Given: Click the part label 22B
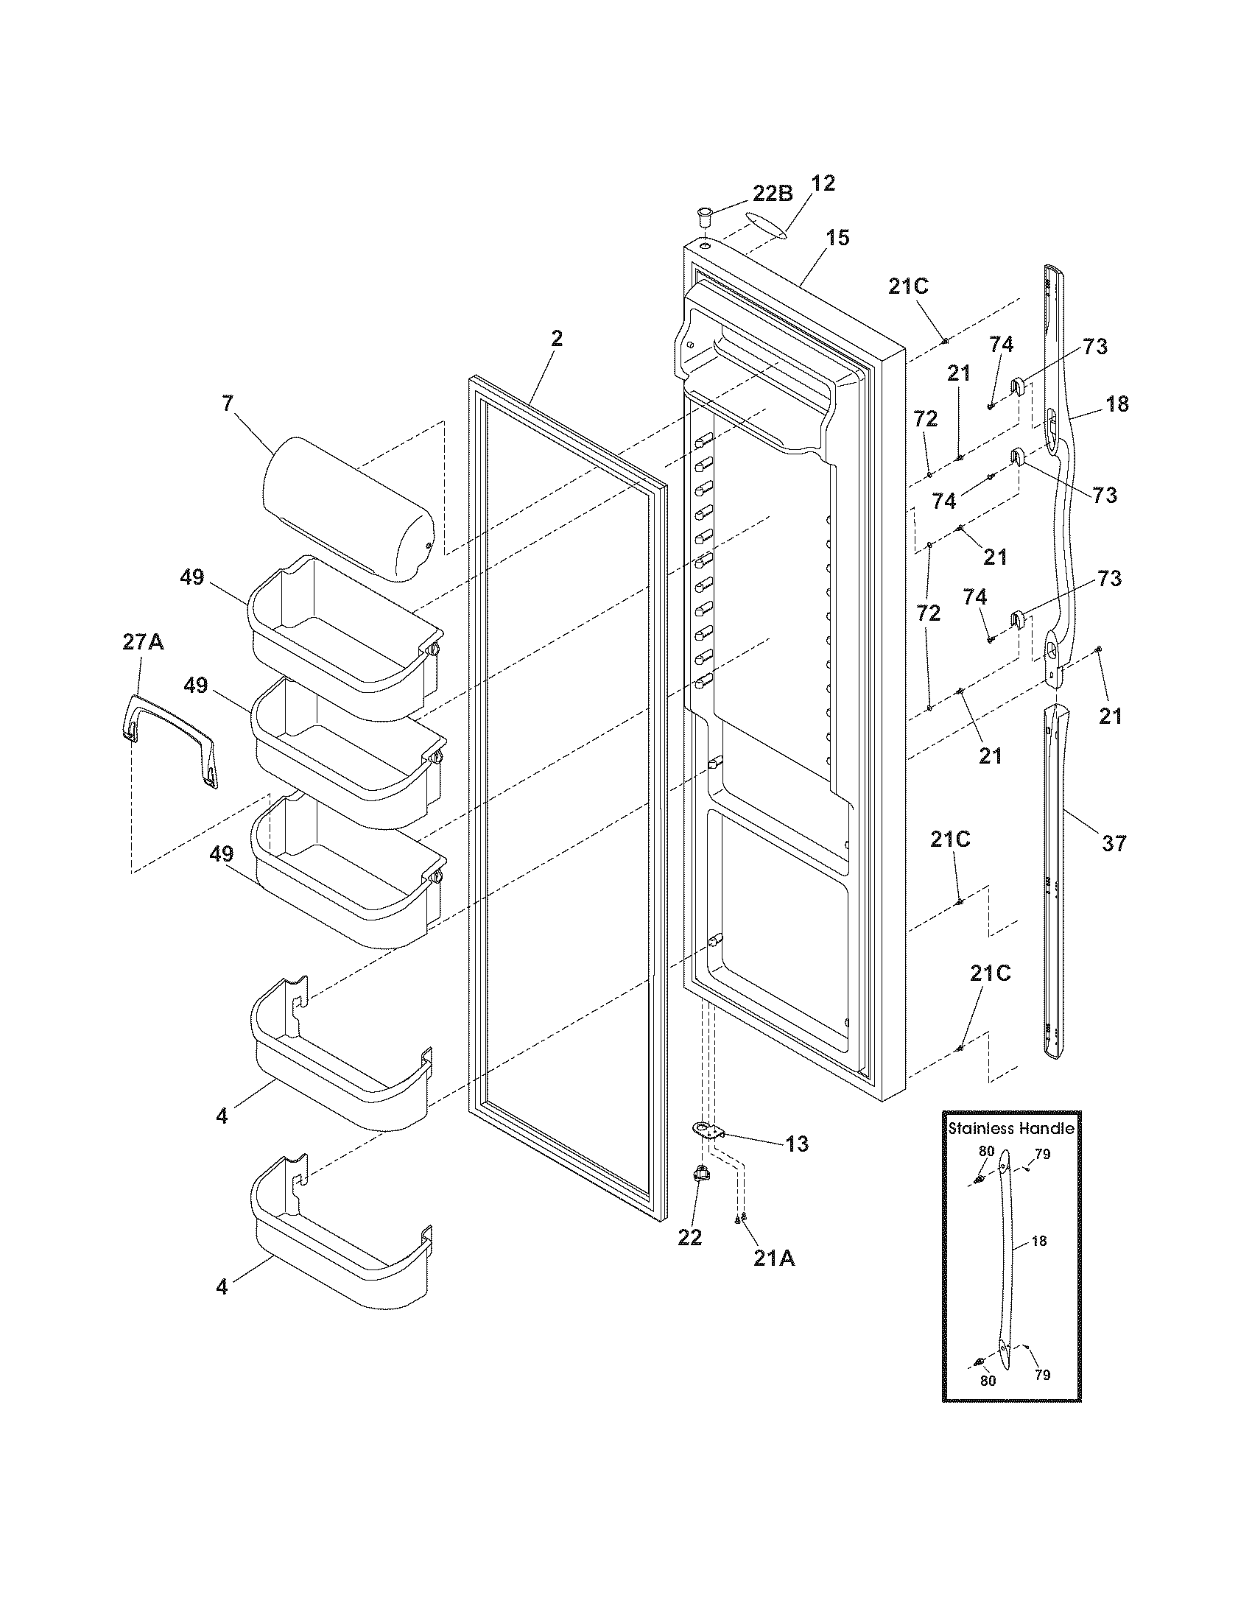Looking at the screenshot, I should (x=773, y=194).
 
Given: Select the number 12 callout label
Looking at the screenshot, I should (x=823, y=183).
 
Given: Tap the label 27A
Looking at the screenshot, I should (x=143, y=642).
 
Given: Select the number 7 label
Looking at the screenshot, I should (x=227, y=404).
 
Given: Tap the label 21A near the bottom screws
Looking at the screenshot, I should (x=773, y=1258).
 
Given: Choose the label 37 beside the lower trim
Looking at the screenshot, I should (x=1114, y=842).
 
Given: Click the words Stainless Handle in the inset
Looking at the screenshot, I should (x=1011, y=1129).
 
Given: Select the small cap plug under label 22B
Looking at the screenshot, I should (x=703, y=218).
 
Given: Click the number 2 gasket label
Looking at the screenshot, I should (x=556, y=339).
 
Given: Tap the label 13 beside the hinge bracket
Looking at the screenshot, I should (x=797, y=1144).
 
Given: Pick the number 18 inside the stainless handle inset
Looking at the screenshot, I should (x=1039, y=1241).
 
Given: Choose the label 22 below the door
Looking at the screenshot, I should (x=689, y=1237).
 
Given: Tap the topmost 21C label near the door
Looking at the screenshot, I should (x=909, y=286).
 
